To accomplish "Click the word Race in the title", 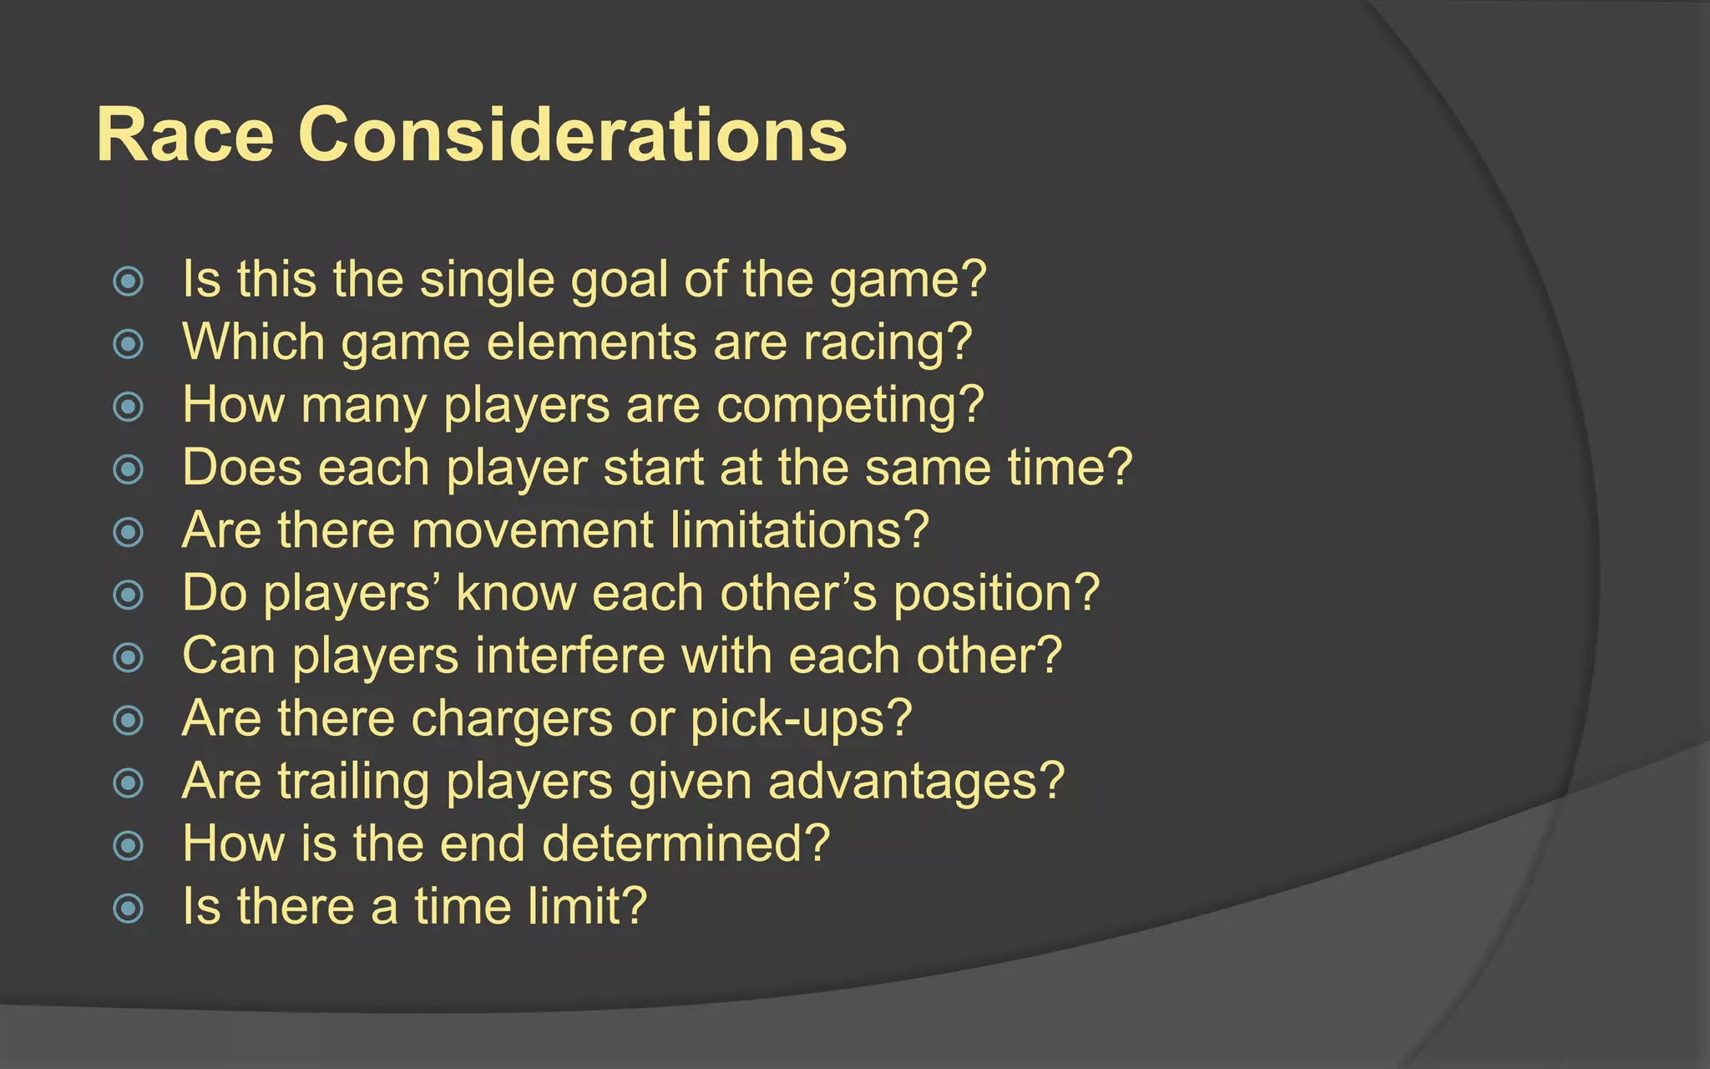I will click(x=185, y=135).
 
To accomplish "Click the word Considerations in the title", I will click(x=573, y=135).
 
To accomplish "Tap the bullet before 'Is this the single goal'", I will click(x=128, y=281).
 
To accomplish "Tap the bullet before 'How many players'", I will click(x=128, y=407).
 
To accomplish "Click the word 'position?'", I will click(x=996, y=595).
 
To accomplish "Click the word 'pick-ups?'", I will click(x=801, y=720).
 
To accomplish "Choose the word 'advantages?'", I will click(x=916, y=783).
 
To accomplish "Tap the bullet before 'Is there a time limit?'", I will click(x=128, y=908).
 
